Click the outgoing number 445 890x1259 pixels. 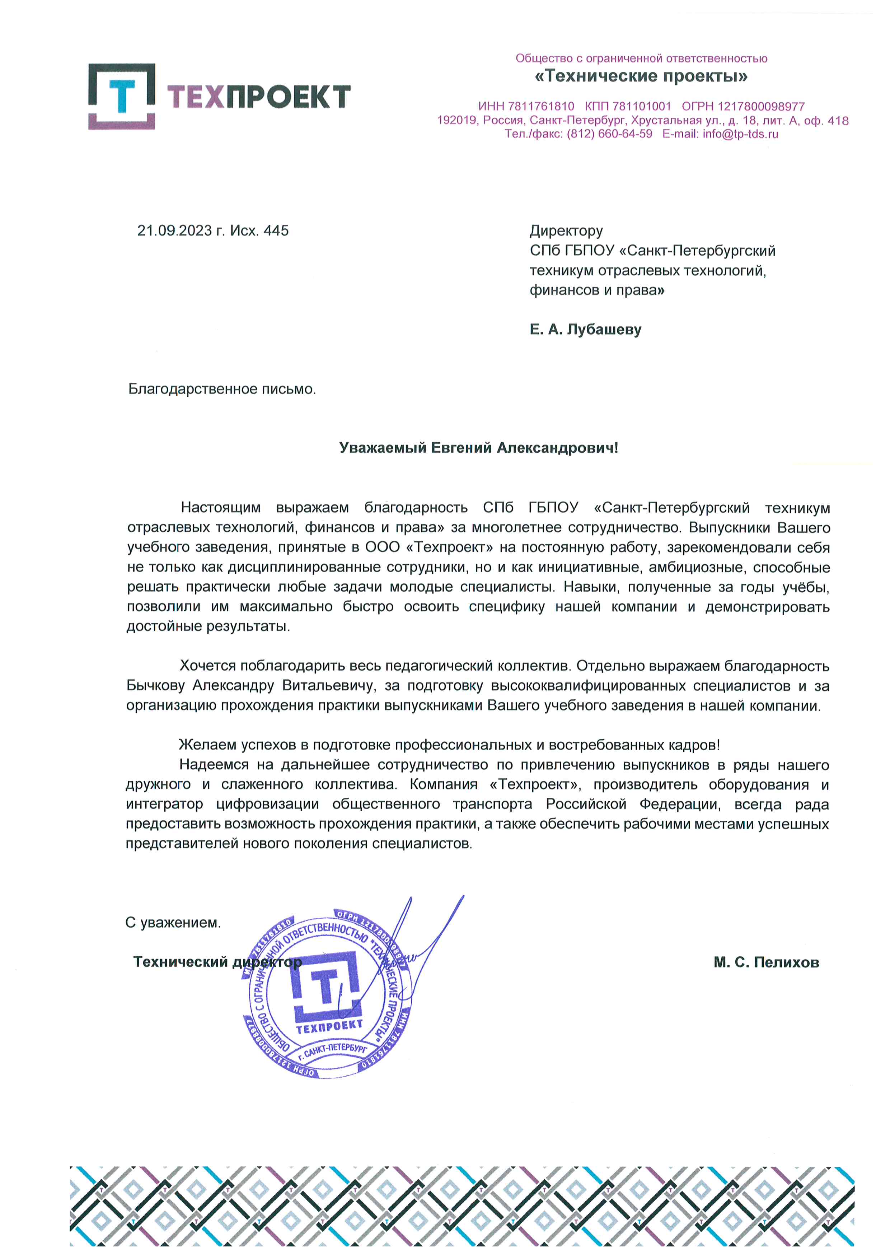click(x=276, y=231)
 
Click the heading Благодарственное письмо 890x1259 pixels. click(x=222, y=389)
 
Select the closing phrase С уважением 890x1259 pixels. click(x=173, y=923)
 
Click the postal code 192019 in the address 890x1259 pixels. click(x=456, y=121)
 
